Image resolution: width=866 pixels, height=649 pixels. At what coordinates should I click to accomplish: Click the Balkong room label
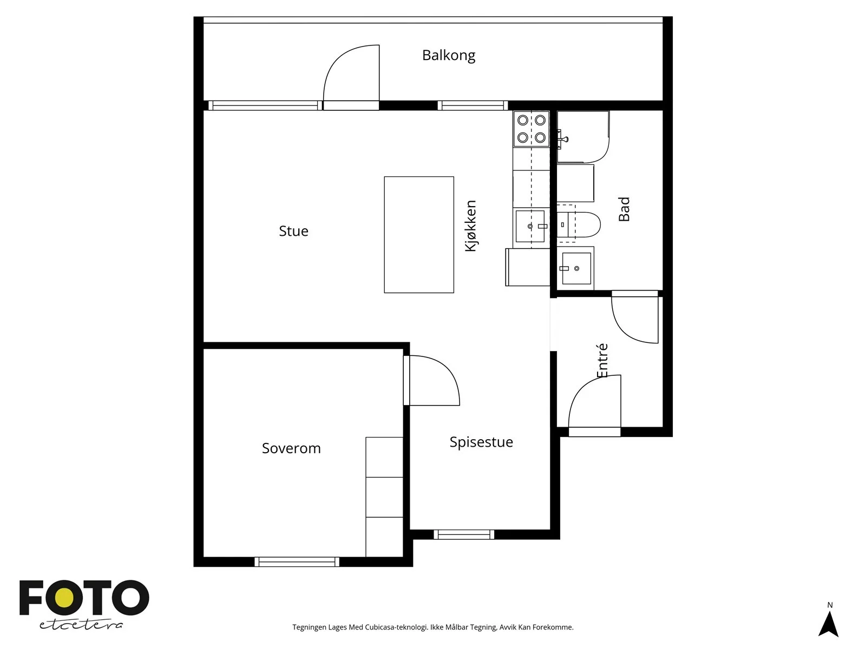point(449,56)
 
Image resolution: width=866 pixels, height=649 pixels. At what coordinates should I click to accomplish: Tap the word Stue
point(293,231)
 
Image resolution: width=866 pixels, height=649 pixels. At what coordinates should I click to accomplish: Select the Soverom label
point(291,448)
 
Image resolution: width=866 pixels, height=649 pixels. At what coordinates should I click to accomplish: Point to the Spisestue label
point(481,442)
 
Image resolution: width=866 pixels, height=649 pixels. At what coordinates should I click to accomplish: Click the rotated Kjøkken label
point(471,226)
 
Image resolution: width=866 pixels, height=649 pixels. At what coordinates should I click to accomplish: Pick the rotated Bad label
point(624,209)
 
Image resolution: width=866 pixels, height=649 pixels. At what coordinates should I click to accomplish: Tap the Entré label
point(602,361)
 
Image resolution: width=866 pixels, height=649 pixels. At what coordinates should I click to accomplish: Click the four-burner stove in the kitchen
point(531,129)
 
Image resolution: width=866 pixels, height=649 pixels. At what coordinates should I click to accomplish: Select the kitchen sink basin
point(530,226)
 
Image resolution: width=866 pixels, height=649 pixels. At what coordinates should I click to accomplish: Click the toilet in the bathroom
point(579,224)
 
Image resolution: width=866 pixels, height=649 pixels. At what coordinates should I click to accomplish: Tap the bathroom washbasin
point(576,268)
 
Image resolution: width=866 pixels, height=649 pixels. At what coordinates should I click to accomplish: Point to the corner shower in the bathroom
point(583,137)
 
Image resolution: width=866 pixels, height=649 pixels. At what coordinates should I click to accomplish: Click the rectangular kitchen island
point(419,235)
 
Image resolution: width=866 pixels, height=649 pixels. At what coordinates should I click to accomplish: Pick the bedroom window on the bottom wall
point(297,562)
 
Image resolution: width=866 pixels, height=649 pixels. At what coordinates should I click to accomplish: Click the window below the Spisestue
point(464,534)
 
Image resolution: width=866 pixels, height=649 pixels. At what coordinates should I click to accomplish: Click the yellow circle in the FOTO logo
point(65,598)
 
